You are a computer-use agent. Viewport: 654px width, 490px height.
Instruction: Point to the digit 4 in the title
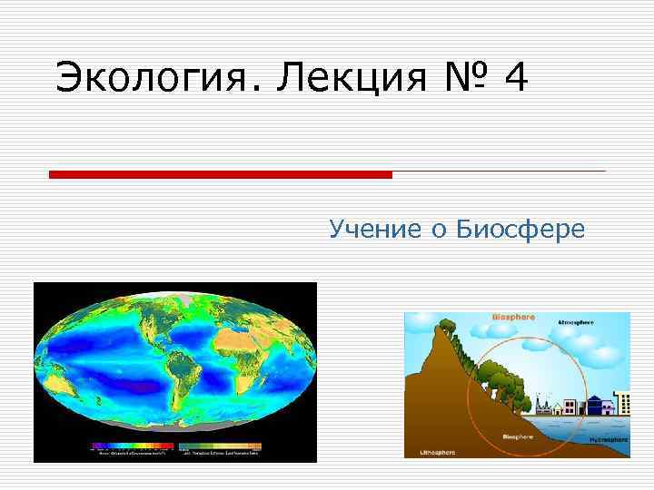[515, 78]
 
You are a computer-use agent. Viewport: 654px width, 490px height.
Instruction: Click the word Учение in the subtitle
[372, 230]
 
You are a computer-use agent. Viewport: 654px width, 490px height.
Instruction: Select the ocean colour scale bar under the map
[131, 446]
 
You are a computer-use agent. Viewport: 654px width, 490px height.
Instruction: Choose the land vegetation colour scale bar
[221, 446]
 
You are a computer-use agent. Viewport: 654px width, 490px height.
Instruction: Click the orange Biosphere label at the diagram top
[513, 317]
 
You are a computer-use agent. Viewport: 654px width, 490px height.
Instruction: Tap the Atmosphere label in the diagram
[577, 322]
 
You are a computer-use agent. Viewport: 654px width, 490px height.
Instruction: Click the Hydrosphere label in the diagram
[608, 439]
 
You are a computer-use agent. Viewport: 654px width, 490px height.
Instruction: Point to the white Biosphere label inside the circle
[520, 436]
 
